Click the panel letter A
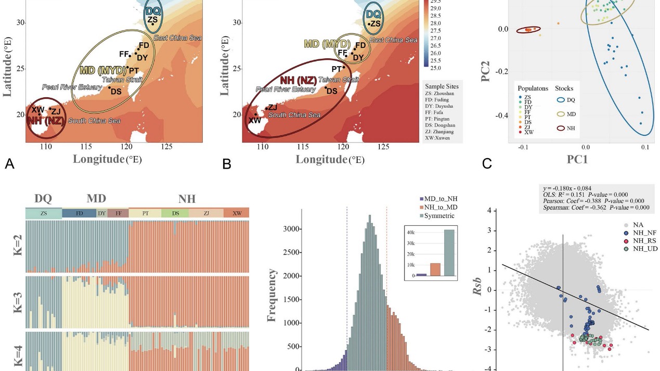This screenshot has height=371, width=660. [9, 164]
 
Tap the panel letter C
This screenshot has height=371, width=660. [487, 164]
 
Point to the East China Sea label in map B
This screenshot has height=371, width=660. [393, 40]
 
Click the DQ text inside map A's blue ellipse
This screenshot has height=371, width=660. [153, 11]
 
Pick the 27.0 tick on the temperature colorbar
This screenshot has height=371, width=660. [435, 39]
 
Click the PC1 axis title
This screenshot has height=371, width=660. [577, 159]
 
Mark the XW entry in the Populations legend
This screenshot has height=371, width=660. [528, 133]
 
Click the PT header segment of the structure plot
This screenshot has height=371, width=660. [145, 213]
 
